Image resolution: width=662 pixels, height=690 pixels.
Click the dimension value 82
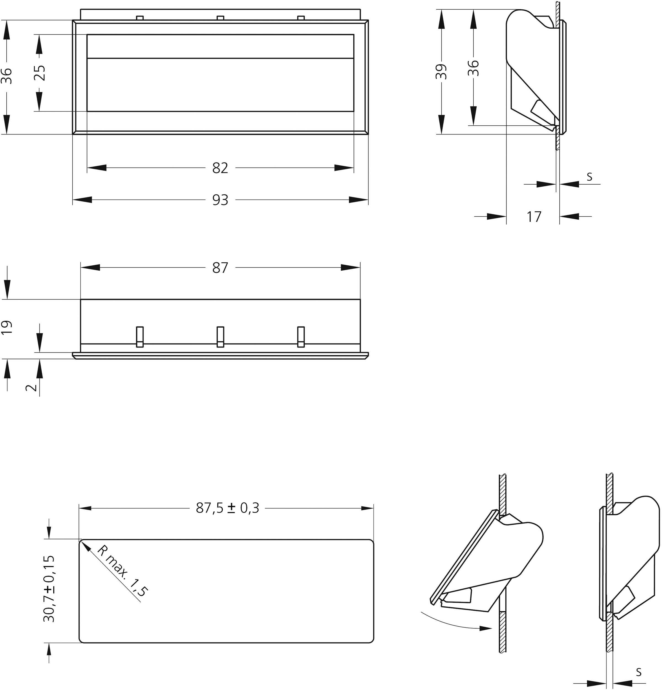coord(220,168)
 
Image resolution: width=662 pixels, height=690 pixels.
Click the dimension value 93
coord(220,200)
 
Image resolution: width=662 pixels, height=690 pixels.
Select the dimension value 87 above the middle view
coord(220,268)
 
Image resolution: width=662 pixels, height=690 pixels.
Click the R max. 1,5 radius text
coord(122,571)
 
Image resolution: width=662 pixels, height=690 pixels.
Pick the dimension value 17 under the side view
coord(533,217)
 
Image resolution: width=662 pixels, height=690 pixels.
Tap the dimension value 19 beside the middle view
coord(7,327)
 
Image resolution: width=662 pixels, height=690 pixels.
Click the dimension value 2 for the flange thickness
coord(31,388)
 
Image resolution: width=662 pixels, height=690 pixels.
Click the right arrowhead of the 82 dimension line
coord(344,168)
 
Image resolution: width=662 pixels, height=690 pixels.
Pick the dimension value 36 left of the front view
coord(7,76)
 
